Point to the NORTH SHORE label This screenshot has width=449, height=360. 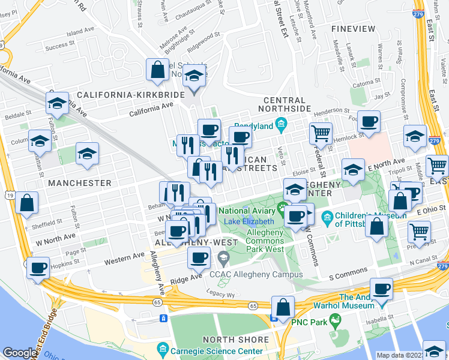point(236,340)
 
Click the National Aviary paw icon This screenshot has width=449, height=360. point(282,210)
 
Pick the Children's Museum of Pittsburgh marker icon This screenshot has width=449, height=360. point(327,216)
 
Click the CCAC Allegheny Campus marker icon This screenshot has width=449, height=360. point(224,259)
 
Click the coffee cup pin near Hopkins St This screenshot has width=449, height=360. point(38,267)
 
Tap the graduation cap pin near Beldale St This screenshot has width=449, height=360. point(57,103)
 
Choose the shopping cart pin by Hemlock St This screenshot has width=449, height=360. point(321,133)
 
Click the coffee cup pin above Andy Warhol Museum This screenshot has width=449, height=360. point(381,289)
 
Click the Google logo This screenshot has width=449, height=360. point(20,353)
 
